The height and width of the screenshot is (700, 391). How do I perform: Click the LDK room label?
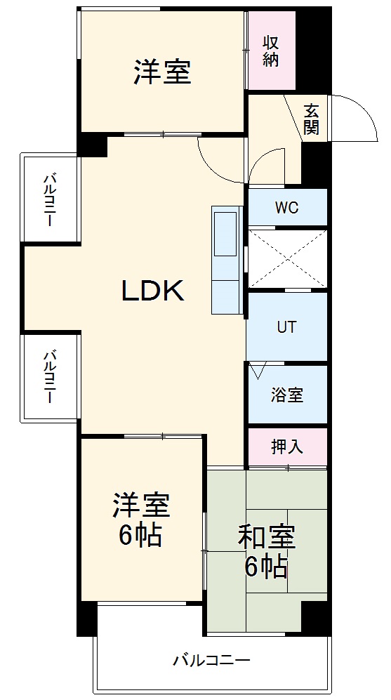pos(153,290)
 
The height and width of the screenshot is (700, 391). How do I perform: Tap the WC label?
pos(286,208)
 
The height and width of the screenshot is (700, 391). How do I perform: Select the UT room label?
pos(286,327)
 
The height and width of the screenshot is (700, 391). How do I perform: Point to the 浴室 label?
pos(287,395)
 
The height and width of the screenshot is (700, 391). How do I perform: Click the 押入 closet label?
pos(287,447)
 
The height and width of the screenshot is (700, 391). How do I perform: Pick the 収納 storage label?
pos(272,51)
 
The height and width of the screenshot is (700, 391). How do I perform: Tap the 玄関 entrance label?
pos(311,119)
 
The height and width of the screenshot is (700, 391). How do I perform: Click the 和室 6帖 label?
pos(266,550)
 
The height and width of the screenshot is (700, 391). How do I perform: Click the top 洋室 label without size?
pos(162,72)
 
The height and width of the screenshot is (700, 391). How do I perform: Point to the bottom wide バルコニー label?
pos(211,660)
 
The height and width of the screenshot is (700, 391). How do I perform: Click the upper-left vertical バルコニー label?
pos(49,199)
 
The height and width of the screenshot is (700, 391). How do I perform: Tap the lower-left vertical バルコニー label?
pos(49,376)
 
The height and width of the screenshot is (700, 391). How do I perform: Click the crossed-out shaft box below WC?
pos(287,258)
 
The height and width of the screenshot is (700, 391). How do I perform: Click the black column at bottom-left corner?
pos(87,618)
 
